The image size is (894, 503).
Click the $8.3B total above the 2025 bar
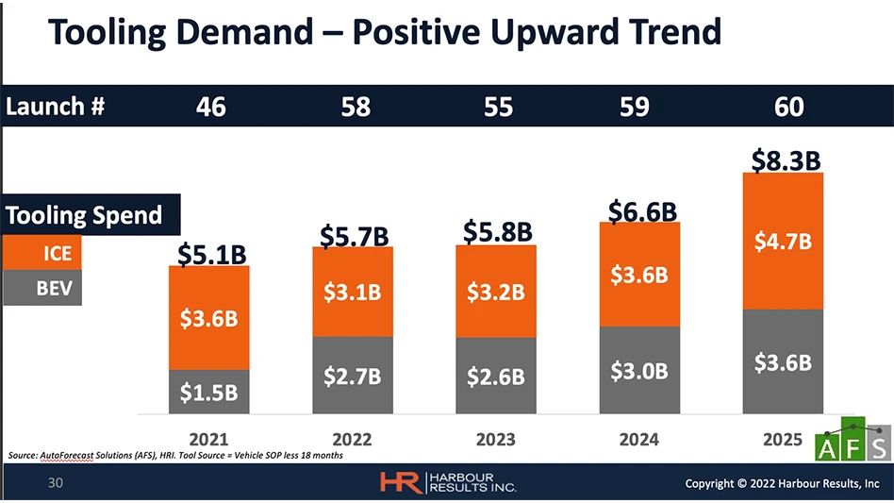[x=786, y=160]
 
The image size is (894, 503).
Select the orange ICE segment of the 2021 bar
[x=209, y=317]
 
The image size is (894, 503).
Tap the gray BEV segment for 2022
[x=353, y=375]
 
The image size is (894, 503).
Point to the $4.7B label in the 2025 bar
[x=783, y=242]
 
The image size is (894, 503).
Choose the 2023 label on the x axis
[x=495, y=439]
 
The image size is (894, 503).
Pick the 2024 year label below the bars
[x=638, y=439]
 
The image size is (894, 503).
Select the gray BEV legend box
[x=42, y=288]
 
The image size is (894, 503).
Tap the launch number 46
[x=210, y=107]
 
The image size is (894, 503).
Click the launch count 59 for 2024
[x=635, y=107]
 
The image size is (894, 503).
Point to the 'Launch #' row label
[x=55, y=107]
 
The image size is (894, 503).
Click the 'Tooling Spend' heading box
[x=86, y=215]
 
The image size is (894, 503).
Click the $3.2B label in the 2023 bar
[x=495, y=292]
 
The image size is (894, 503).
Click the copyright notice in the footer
[x=782, y=483]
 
